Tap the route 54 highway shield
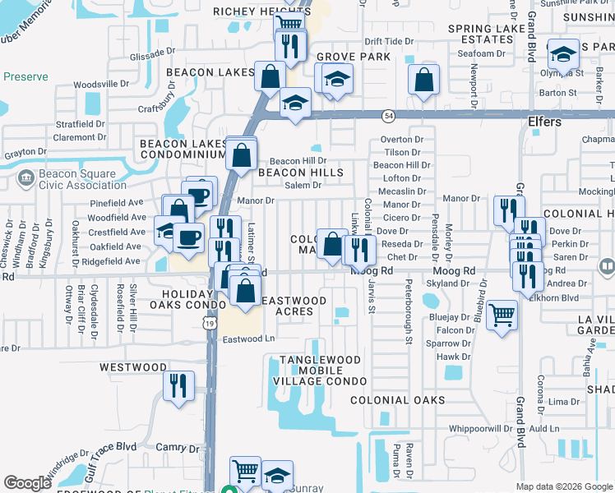pyautogui.click(x=387, y=117)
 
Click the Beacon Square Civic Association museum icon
pyautogui.click(x=25, y=176)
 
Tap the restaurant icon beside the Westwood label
pyautogui.click(x=178, y=385)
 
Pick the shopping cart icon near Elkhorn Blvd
pyautogui.click(x=502, y=314)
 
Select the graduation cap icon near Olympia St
pyautogui.click(x=563, y=54)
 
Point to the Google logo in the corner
pyautogui.click(x=27, y=482)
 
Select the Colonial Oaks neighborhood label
pyautogui.click(x=397, y=400)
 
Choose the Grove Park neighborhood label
pyautogui.click(x=352, y=58)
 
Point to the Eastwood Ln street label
pyautogui.click(x=248, y=339)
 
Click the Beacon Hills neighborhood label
pyautogui.click(x=300, y=173)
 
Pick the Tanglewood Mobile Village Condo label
pyautogui.click(x=321, y=371)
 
